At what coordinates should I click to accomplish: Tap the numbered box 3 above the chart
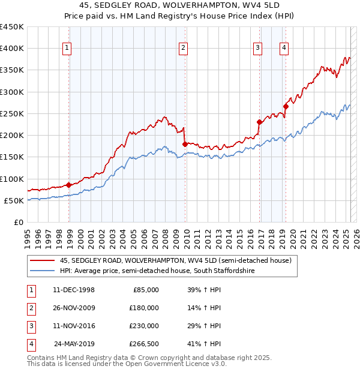(257, 49)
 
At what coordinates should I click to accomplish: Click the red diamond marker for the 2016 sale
(260, 122)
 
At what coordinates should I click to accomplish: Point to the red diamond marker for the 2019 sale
(286, 106)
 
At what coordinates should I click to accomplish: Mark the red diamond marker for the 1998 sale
(69, 185)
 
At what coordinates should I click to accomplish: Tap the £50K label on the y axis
(14, 200)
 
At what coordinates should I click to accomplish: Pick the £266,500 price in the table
(144, 344)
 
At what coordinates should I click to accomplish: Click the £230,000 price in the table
(144, 326)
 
